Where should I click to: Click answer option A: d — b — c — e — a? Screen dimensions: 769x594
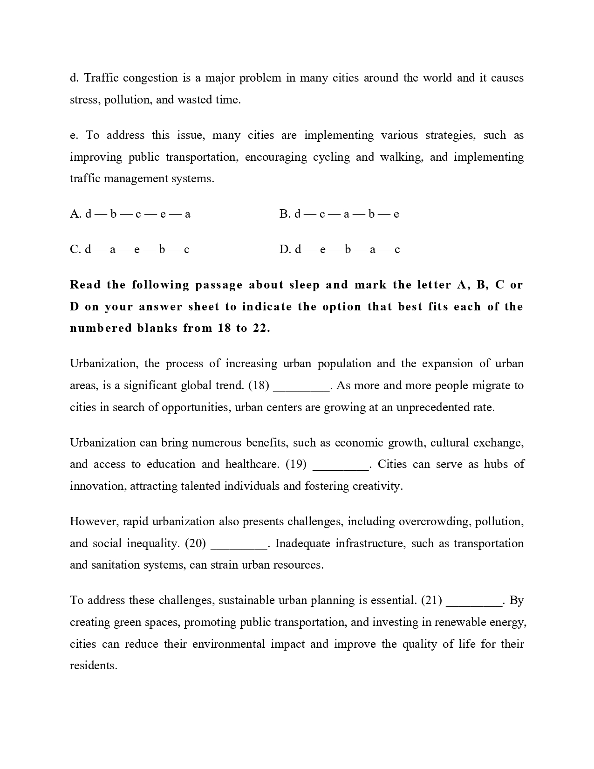(130, 214)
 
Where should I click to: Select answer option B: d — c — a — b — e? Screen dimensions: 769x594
(339, 214)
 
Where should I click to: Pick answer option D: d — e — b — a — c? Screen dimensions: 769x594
(340, 249)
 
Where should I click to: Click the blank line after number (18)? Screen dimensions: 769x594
(301, 386)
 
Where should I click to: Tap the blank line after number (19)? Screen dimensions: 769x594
(341, 465)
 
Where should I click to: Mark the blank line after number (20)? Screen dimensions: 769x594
(239, 544)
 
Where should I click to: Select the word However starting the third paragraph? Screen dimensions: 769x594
(93, 522)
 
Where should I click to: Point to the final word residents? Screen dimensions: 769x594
(93, 666)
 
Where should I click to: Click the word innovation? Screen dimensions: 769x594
(97, 486)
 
